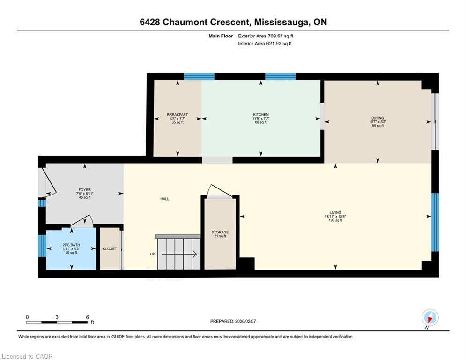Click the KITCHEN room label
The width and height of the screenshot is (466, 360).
coord(261,114)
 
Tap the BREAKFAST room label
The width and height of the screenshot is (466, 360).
coord(178,114)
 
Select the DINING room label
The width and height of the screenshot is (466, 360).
coord(378,118)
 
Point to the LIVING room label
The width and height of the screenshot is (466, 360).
coord(335,212)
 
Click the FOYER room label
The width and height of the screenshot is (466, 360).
coord(85,189)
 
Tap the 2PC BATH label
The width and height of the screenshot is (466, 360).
coord(71,245)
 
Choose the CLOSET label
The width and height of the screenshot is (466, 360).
coord(110,249)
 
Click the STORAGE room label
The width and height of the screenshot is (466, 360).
coord(220,232)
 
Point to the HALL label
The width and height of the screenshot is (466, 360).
coord(165,199)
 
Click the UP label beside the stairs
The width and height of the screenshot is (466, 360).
coord(153,254)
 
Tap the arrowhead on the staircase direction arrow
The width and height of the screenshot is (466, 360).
coord(195,254)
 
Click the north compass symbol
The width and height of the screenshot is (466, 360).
coord(430,318)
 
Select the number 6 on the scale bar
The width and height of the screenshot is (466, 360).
coord(88,317)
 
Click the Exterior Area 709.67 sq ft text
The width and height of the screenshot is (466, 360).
coord(266,36)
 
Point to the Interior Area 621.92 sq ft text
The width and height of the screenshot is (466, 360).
coord(265,44)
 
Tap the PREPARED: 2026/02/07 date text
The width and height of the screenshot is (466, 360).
coord(233,321)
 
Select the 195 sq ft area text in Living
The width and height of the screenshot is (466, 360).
coord(335,220)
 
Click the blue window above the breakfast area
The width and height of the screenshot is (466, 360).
coord(199,76)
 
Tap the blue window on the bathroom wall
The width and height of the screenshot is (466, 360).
coord(42,246)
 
